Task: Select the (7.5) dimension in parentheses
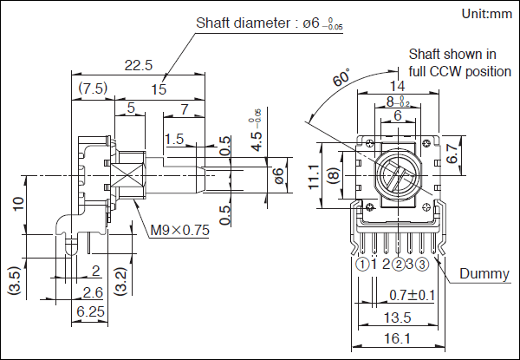(x=93, y=88)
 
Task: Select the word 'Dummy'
(x=484, y=274)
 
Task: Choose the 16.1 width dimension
(x=398, y=338)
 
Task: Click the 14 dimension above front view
(x=398, y=86)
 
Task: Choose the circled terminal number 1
(x=361, y=265)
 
